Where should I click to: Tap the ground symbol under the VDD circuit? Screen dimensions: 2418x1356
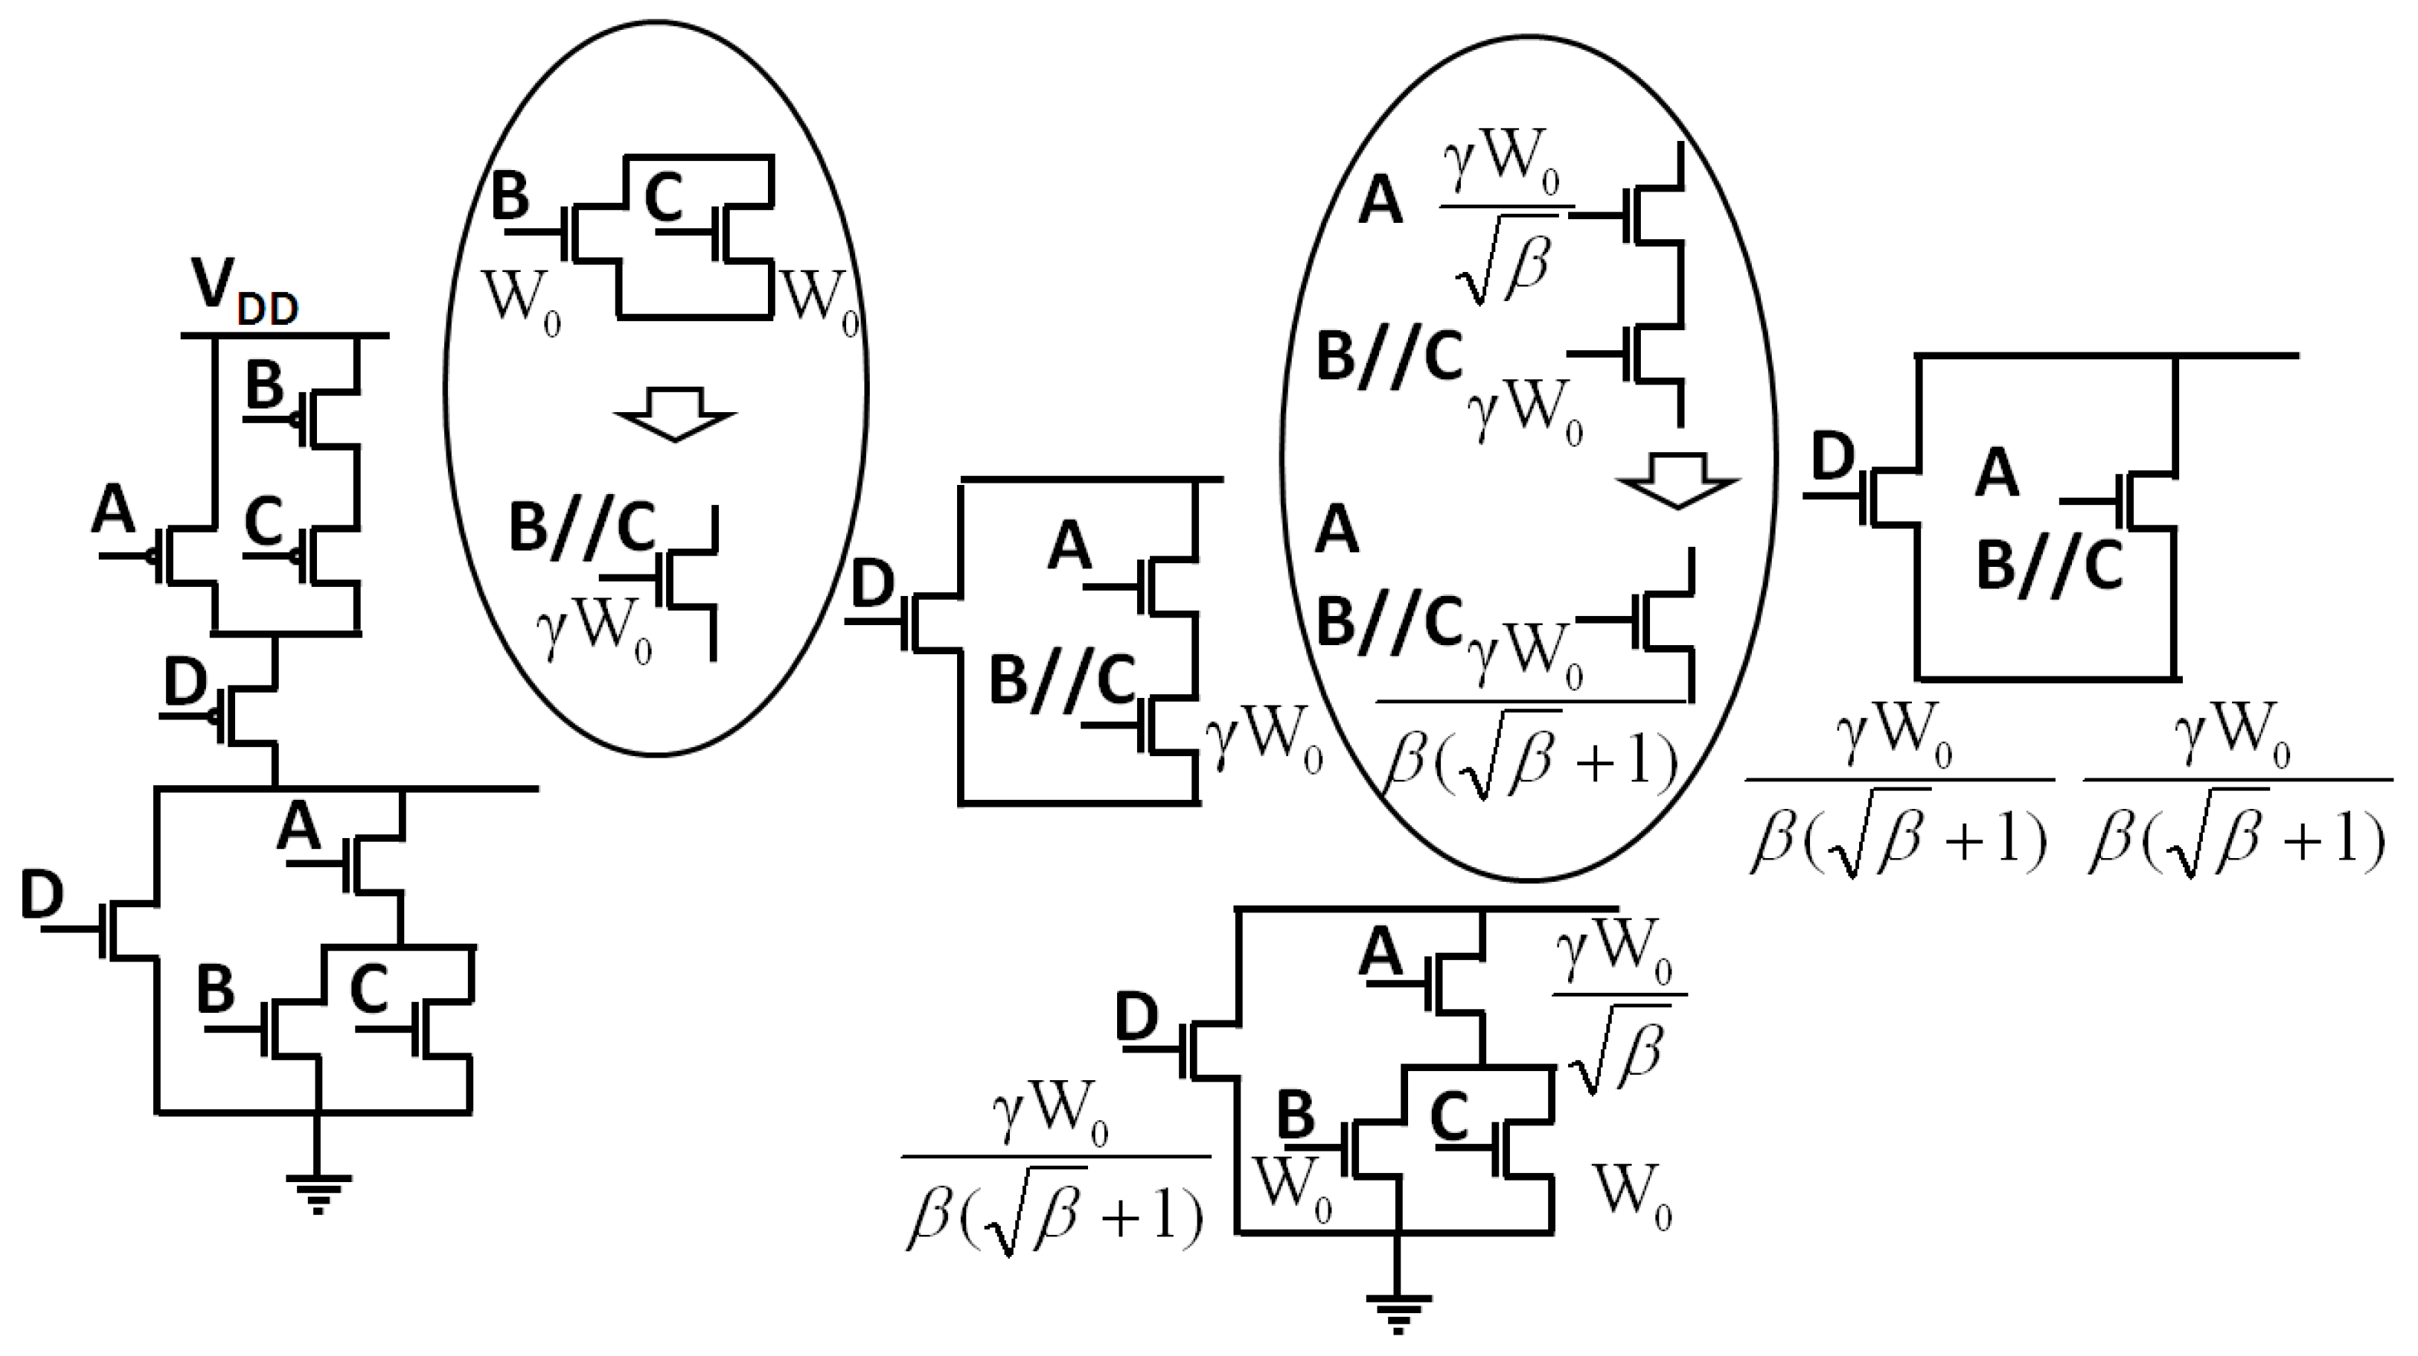[319, 1194]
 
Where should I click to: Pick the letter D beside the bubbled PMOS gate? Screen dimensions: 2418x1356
[185, 683]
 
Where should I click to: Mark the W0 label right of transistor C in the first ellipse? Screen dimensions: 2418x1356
[819, 303]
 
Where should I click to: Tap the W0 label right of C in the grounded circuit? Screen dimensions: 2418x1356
[1633, 1197]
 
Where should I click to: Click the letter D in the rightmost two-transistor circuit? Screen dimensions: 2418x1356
[1833, 457]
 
